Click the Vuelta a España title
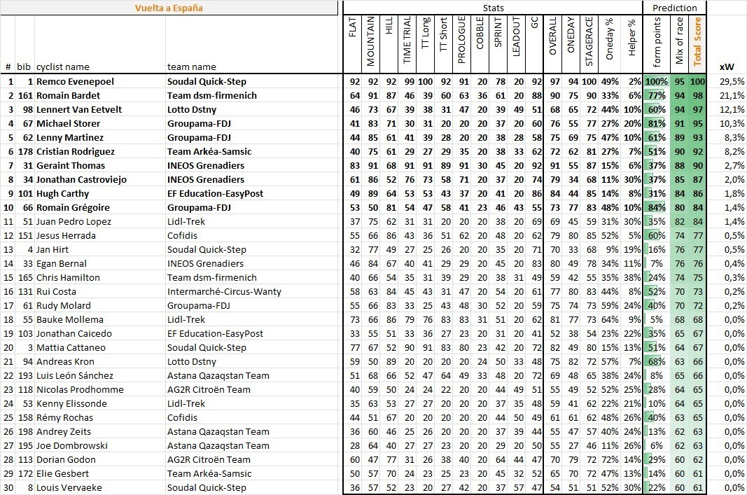169,8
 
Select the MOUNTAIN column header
371,41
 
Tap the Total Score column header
697,41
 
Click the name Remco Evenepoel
75,81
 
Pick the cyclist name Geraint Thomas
71,165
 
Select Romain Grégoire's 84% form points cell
656,207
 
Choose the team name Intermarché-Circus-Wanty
216,291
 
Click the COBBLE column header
480,41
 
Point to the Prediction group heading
674,8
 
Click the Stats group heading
493,8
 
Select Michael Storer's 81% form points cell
656,123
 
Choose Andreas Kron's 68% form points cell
656,361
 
